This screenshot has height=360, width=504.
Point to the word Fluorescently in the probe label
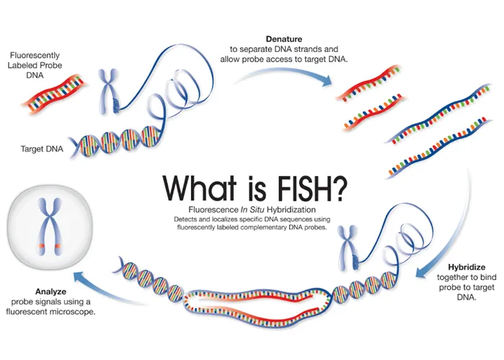35,55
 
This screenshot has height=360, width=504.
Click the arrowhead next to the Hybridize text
422,273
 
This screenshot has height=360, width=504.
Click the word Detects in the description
186,219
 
